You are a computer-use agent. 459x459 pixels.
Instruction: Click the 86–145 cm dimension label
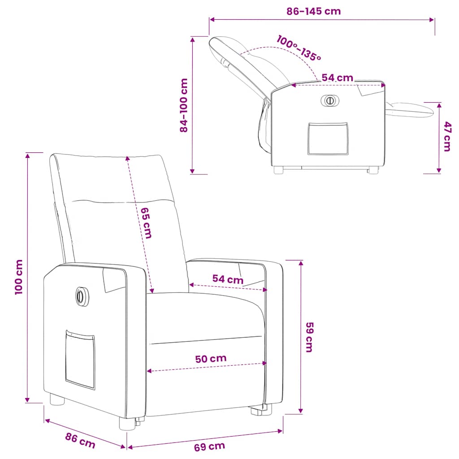tap(313, 11)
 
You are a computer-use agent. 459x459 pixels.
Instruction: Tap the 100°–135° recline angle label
tap(299, 48)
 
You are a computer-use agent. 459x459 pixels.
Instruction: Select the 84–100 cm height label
tap(183, 105)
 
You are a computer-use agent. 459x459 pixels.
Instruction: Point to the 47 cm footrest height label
tap(447, 136)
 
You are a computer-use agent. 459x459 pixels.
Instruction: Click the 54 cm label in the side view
tap(337, 78)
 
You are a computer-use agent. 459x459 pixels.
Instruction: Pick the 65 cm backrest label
tap(146, 223)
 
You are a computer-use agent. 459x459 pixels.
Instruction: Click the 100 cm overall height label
tap(19, 277)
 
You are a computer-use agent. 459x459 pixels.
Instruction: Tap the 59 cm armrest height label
tap(309, 337)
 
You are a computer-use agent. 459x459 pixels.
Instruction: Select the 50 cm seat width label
tap(211, 359)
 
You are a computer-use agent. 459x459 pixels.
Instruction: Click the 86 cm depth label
tap(80, 441)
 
